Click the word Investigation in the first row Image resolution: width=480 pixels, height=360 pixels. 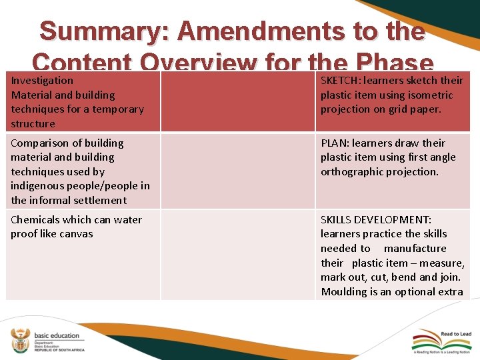pos(42,80)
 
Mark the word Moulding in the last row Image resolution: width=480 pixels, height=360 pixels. pos(345,291)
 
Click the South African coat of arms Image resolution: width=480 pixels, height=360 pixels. pos(20,340)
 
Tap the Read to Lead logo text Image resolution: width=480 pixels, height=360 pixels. pos(455,334)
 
